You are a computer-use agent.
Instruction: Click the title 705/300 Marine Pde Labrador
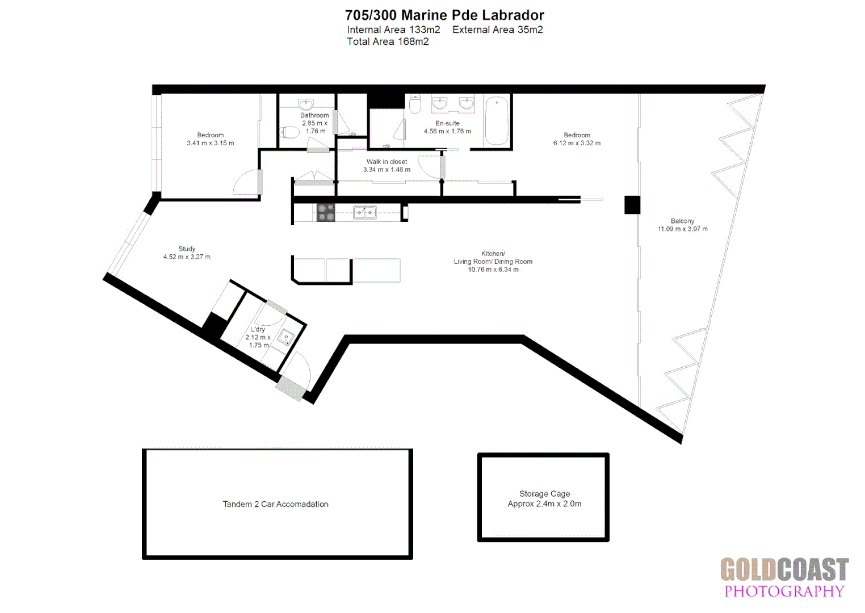click(x=444, y=15)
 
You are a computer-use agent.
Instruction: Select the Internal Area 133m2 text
click(x=393, y=30)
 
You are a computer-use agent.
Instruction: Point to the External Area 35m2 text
click(x=497, y=30)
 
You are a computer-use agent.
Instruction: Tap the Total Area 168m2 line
click(x=388, y=41)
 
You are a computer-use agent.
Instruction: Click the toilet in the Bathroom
click(x=290, y=133)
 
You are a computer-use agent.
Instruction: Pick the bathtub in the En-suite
click(x=497, y=120)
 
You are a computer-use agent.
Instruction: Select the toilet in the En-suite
click(x=415, y=104)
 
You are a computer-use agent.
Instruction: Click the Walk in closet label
click(x=387, y=162)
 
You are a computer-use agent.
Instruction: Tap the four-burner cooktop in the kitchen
click(x=326, y=212)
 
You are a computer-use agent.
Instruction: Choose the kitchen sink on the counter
click(x=364, y=212)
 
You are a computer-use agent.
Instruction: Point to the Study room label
click(x=187, y=249)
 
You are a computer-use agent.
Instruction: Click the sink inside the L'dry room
click(x=286, y=337)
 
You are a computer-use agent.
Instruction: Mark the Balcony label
click(x=682, y=221)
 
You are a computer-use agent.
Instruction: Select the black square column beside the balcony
click(x=632, y=204)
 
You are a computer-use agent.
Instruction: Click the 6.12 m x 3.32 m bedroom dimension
click(x=577, y=143)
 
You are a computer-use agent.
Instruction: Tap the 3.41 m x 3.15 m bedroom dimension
click(x=210, y=143)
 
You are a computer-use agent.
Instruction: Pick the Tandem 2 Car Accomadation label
click(x=275, y=504)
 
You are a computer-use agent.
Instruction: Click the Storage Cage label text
click(x=544, y=494)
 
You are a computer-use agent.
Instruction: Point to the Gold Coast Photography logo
click(x=784, y=577)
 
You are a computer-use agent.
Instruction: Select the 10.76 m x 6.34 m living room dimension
click(x=493, y=270)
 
